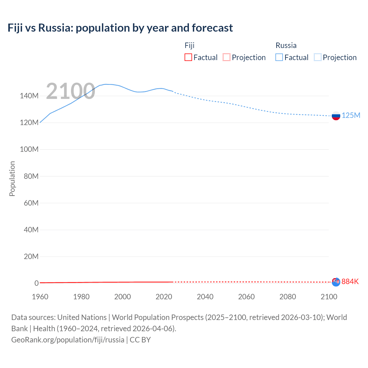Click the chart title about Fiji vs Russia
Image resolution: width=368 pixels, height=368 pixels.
pos(120,28)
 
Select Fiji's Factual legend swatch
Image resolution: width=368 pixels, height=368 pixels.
pos(188,57)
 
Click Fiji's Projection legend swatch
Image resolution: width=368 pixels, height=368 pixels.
pos(227,57)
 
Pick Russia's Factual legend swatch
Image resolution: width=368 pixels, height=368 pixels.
pos(279,57)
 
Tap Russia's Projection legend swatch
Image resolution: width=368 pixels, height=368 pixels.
pos(318,57)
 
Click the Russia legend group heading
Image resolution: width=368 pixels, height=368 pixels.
pos(286,45)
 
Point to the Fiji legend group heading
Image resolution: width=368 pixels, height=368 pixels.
pos(189,45)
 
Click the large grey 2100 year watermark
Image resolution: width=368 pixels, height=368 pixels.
pos(70,91)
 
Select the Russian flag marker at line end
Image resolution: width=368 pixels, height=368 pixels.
pos(336,116)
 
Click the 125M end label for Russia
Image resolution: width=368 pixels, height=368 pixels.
pos(351,115)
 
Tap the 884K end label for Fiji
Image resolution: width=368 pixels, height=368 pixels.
pos(350,281)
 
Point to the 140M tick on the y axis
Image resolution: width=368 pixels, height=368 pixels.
pos(29,96)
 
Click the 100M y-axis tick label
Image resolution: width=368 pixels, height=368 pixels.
pos(29,149)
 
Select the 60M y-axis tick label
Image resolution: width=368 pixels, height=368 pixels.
pos(31,203)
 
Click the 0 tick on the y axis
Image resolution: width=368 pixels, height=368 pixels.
pos(37,283)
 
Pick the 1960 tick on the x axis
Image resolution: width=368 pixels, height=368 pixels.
pos(40,297)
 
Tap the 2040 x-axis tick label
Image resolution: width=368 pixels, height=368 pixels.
pos(205,297)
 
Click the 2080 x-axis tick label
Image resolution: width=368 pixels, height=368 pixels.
pos(287,297)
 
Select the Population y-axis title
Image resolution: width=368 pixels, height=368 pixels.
pos(12,179)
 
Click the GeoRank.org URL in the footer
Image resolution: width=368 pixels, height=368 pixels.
pos(68,340)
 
